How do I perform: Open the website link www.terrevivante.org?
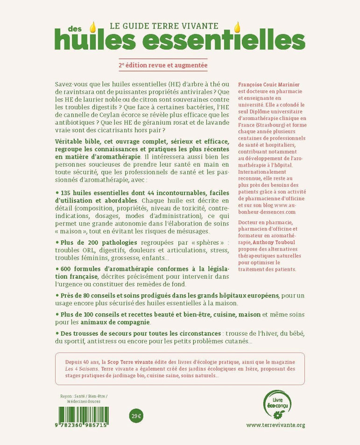tap(275, 424)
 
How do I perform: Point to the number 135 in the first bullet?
tap(64, 194)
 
